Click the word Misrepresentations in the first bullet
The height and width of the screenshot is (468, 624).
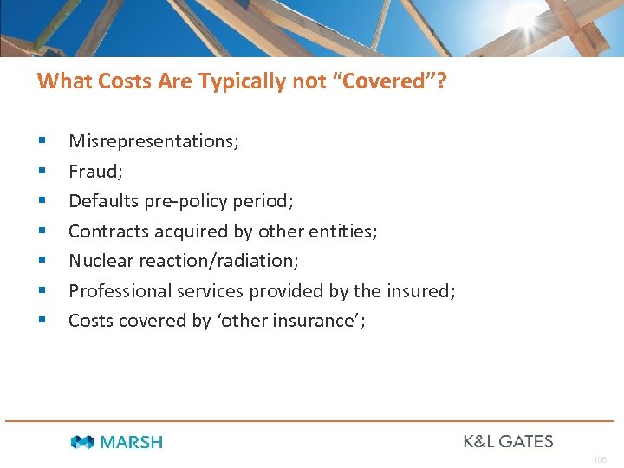(x=152, y=141)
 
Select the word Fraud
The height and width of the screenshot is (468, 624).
(x=94, y=172)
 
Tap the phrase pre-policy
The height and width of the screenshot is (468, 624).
(x=185, y=201)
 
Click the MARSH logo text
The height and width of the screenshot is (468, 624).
(x=132, y=442)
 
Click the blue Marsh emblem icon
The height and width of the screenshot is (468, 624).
(x=83, y=442)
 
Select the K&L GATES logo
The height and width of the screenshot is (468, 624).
(x=508, y=441)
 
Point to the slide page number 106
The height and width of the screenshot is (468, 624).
(x=600, y=459)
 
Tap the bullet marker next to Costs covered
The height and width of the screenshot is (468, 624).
(x=41, y=321)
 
